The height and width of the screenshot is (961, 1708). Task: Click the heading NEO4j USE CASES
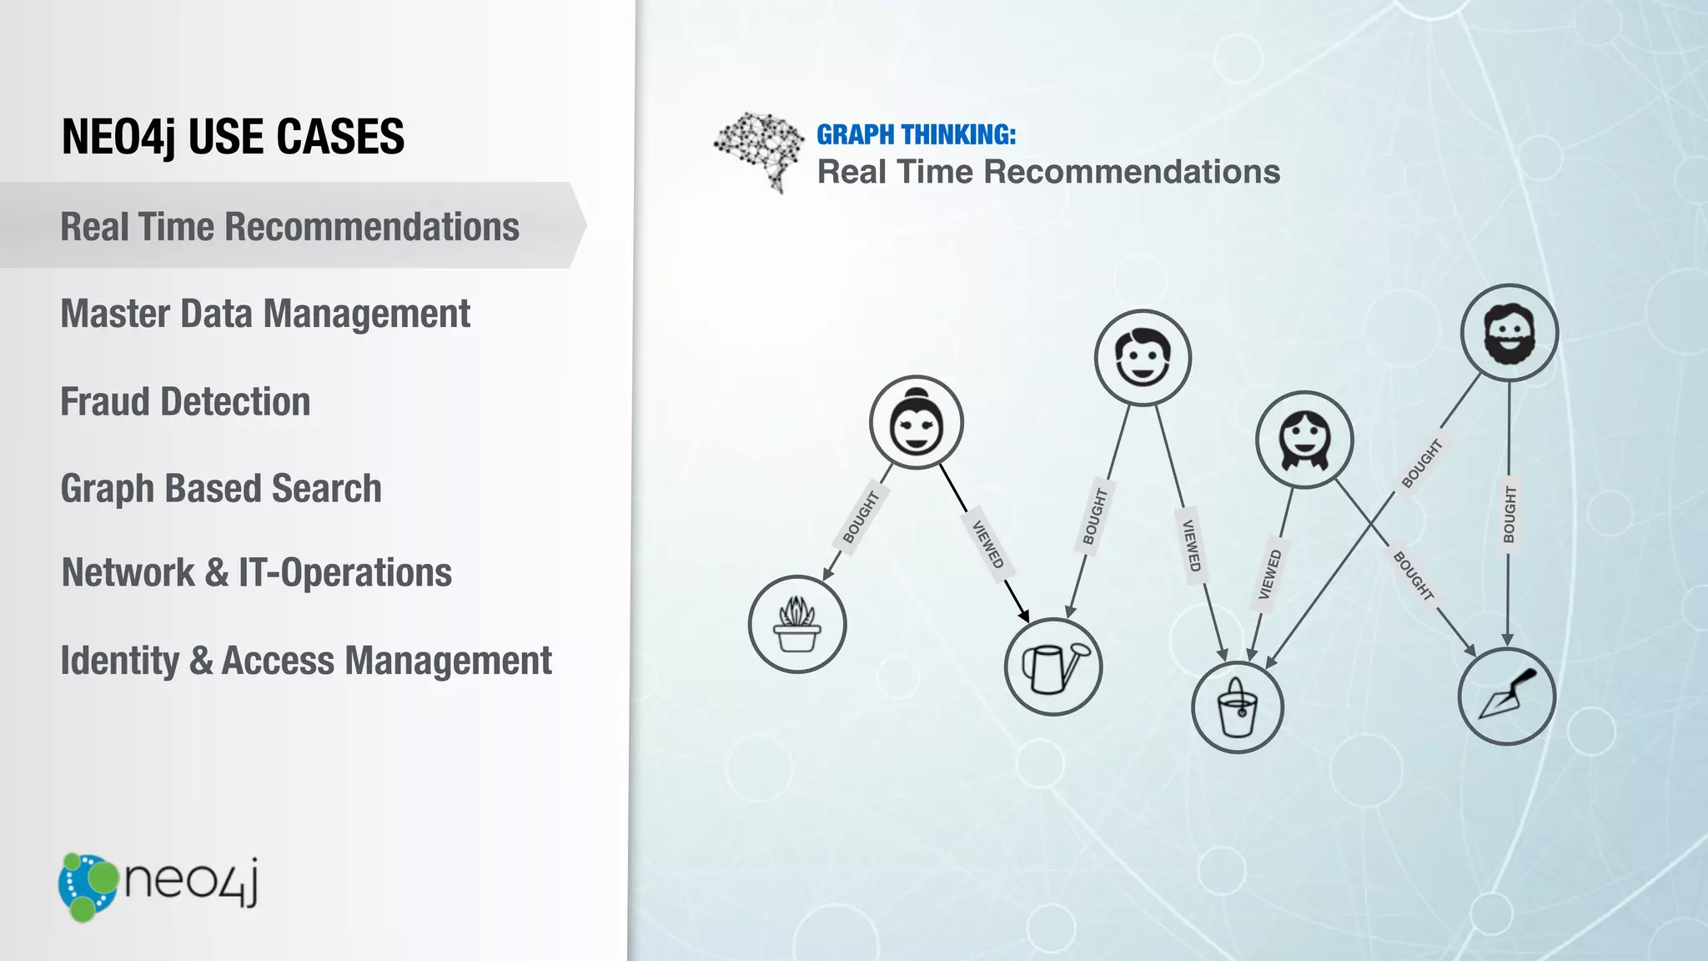click(x=233, y=137)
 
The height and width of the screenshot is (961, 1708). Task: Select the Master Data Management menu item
click(x=265, y=314)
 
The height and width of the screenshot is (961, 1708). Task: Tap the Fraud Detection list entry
click(x=185, y=402)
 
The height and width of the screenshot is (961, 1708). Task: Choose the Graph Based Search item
click(x=221, y=489)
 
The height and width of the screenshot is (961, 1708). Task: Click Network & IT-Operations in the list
click(x=257, y=573)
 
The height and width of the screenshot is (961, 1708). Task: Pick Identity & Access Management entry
click(x=306, y=661)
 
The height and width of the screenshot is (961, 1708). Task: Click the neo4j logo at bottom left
click(x=158, y=886)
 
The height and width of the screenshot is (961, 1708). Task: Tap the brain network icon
click(x=757, y=151)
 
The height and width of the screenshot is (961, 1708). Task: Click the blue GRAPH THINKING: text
click(x=916, y=135)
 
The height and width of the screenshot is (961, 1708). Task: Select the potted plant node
click(x=797, y=624)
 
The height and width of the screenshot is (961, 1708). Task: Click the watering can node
click(x=1052, y=667)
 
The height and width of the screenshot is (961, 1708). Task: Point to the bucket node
click(x=1238, y=707)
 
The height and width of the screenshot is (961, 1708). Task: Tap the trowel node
click(x=1506, y=696)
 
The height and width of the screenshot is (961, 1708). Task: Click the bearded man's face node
click(x=1509, y=333)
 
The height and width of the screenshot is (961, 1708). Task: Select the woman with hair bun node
click(x=916, y=422)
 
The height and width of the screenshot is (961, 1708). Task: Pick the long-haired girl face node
click(x=1304, y=440)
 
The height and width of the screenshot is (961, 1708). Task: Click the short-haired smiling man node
click(x=1143, y=358)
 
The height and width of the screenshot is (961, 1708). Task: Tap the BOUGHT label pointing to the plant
click(x=861, y=517)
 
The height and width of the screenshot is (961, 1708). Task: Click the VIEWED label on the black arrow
click(x=988, y=544)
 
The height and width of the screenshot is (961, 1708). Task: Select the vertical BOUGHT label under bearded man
click(x=1509, y=515)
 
